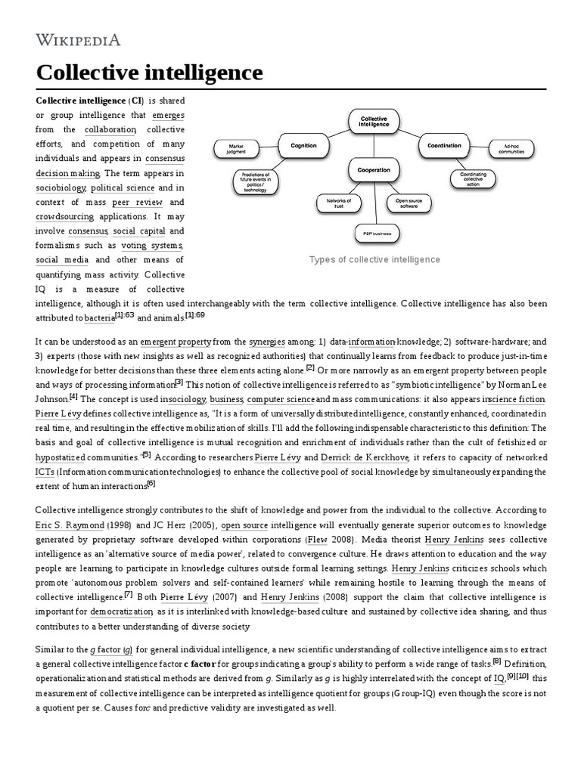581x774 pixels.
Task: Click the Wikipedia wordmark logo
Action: click(78, 40)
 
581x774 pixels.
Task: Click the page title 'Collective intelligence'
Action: click(150, 73)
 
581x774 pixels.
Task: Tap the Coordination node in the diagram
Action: click(444, 144)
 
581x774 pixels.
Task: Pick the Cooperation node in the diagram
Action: click(374, 169)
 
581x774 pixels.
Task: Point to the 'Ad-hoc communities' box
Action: click(511, 149)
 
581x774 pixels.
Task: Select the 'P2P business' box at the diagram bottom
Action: click(376, 234)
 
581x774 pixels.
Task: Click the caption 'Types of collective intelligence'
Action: click(374, 259)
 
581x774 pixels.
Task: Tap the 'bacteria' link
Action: click(99, 317)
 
